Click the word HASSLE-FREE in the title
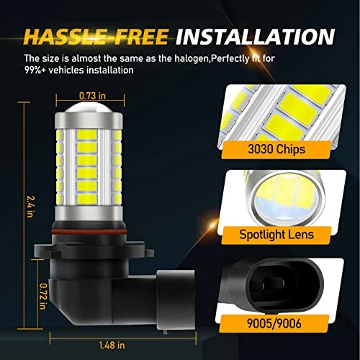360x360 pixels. (x=96, y=37)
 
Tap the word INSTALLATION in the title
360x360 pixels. (x=255, y=37)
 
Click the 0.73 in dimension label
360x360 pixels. (x=92, y=96)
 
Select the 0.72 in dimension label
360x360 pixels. (x=43, y=297)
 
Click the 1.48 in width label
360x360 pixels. (x=112, y=345)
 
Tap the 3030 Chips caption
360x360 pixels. (x=276, y=149)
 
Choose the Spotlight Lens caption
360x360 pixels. (x=276, y=234)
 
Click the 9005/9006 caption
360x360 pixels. (x=274, y=323)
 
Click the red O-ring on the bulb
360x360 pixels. (x=89, y=231)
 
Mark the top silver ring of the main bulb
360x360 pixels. (x=89, y=121)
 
